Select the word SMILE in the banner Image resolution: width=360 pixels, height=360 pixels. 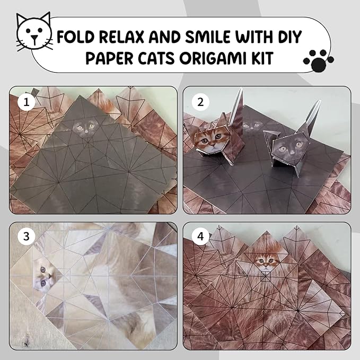click(x=208, y=37)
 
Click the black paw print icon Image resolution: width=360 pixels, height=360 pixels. click(x=319, y=60)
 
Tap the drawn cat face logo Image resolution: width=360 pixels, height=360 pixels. click(x=34, y=32)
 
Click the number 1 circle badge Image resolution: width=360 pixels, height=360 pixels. click(x=27, y=102)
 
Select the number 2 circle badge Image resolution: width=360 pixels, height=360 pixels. click(x=200, y=102)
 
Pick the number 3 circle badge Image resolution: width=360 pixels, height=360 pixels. click(x=27, y=236)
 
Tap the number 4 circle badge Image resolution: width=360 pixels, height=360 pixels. click(x=200, y=236)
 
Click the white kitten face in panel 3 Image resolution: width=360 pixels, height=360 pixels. click(x=45, y=276)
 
